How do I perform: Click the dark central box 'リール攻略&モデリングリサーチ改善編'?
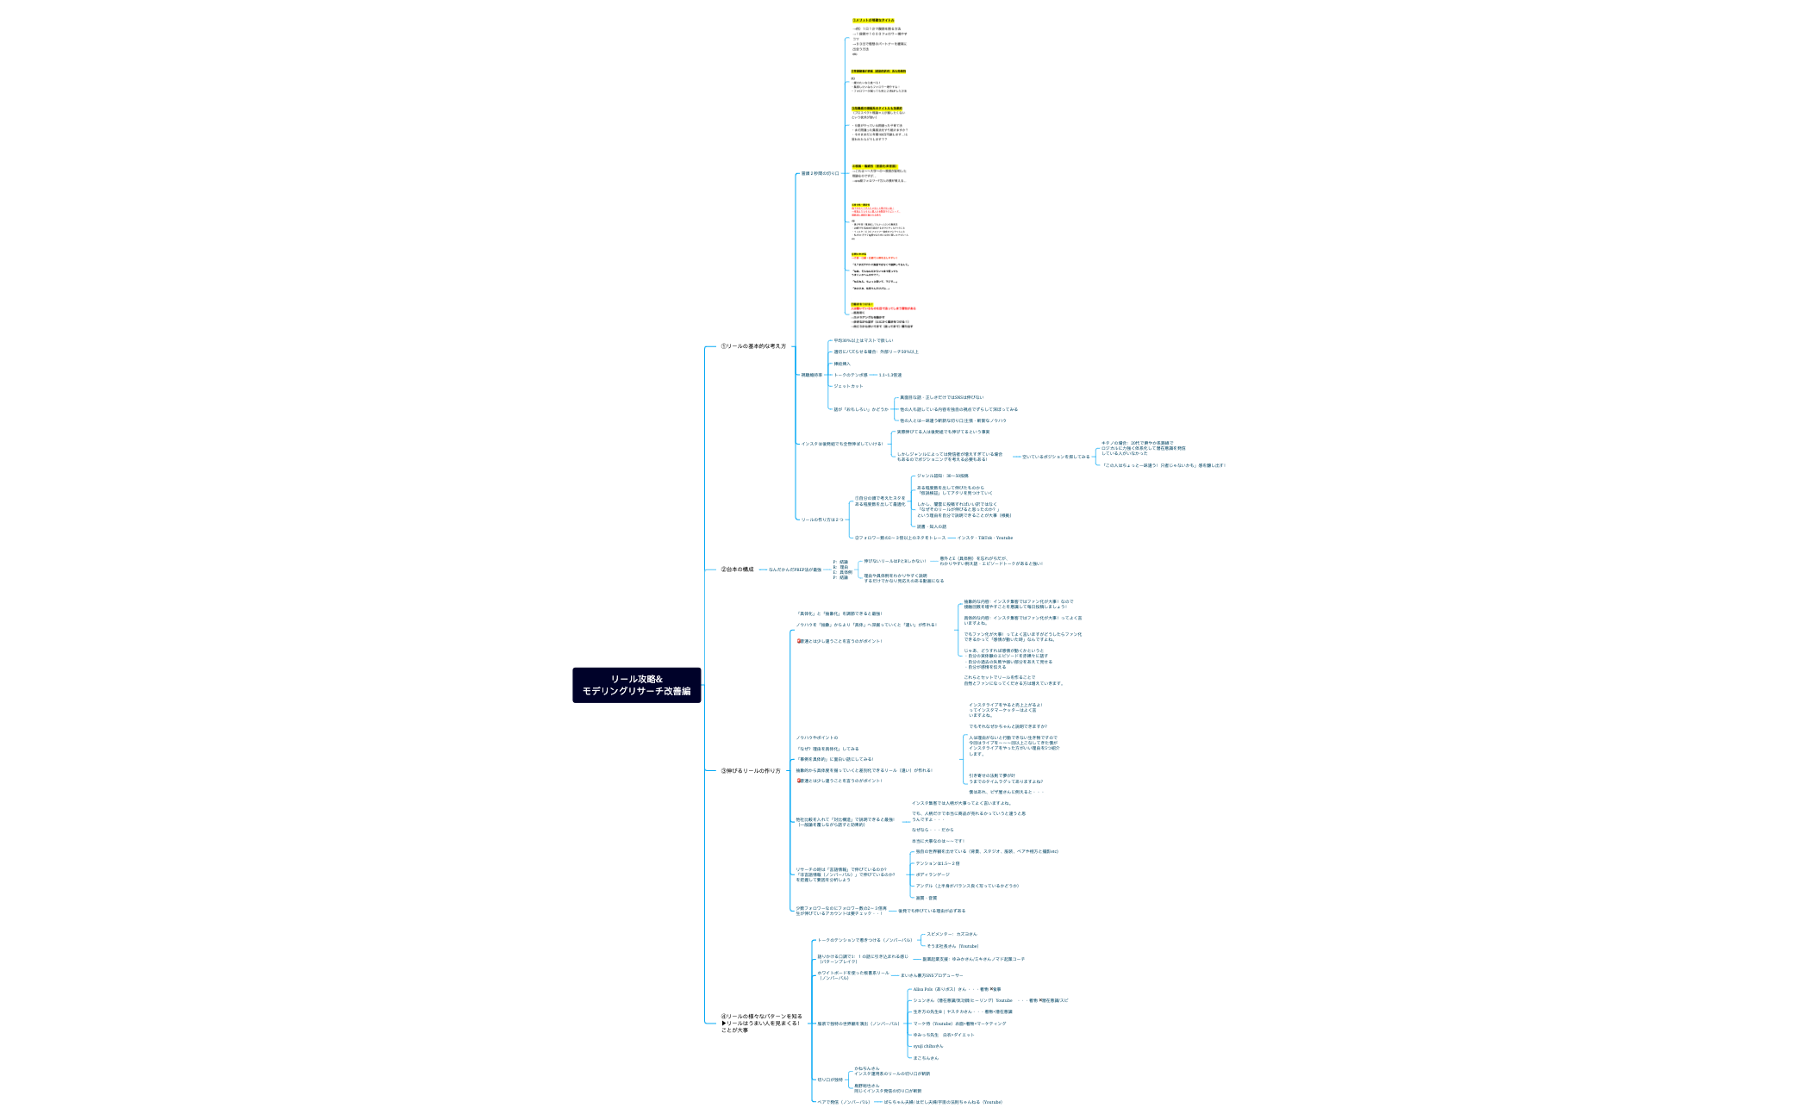click(636, 685)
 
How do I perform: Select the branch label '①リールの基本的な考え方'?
click(753, 346)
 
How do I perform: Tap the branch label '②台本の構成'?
click(737, 569)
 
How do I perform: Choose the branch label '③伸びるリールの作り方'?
click(751, 771)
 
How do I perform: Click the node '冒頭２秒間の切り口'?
click(819, 174)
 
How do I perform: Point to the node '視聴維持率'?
click(811, 376)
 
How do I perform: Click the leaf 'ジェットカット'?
click(848, 386)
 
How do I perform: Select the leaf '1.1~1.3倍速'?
click(890, 376)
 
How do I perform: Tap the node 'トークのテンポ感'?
click(851, 376)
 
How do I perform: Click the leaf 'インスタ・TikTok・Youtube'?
click(985, 538)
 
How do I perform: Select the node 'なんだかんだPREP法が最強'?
click(795, 569)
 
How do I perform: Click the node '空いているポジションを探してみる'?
click(1056, 457)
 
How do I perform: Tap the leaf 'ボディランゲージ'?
click(933, 874)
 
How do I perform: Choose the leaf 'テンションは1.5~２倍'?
click(937, 863)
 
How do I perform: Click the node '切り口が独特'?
click(830, 1080)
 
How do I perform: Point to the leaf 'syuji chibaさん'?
click(928, 1046)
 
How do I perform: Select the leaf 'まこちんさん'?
click(926, 1058)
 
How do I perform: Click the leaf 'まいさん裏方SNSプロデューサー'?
click(932, 975)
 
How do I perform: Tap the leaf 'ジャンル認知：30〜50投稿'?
click(942, 476)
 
